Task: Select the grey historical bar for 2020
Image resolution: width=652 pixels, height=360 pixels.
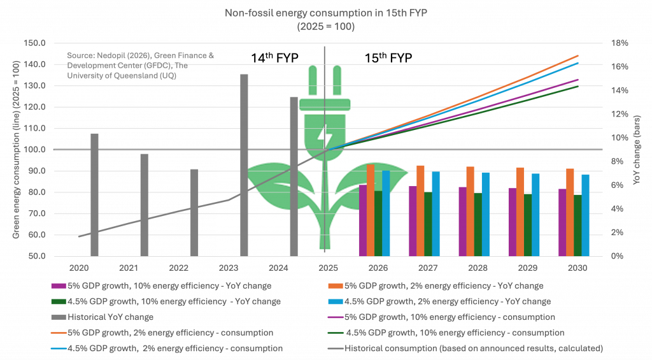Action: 94,194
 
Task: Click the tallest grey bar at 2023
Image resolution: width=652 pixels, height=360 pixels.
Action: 244,165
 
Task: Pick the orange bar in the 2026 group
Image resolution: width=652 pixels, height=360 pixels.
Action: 370,210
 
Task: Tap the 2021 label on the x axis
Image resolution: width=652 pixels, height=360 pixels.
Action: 128,268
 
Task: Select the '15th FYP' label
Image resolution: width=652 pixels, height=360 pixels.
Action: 388,58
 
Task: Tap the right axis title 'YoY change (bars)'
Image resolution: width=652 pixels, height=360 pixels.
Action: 637,150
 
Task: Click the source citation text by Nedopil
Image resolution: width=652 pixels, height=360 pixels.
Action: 140,66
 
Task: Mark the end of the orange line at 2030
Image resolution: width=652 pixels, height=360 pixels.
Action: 578,55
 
